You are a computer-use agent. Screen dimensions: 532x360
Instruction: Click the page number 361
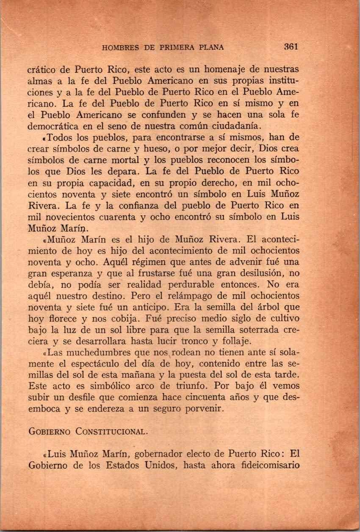point(291,47)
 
